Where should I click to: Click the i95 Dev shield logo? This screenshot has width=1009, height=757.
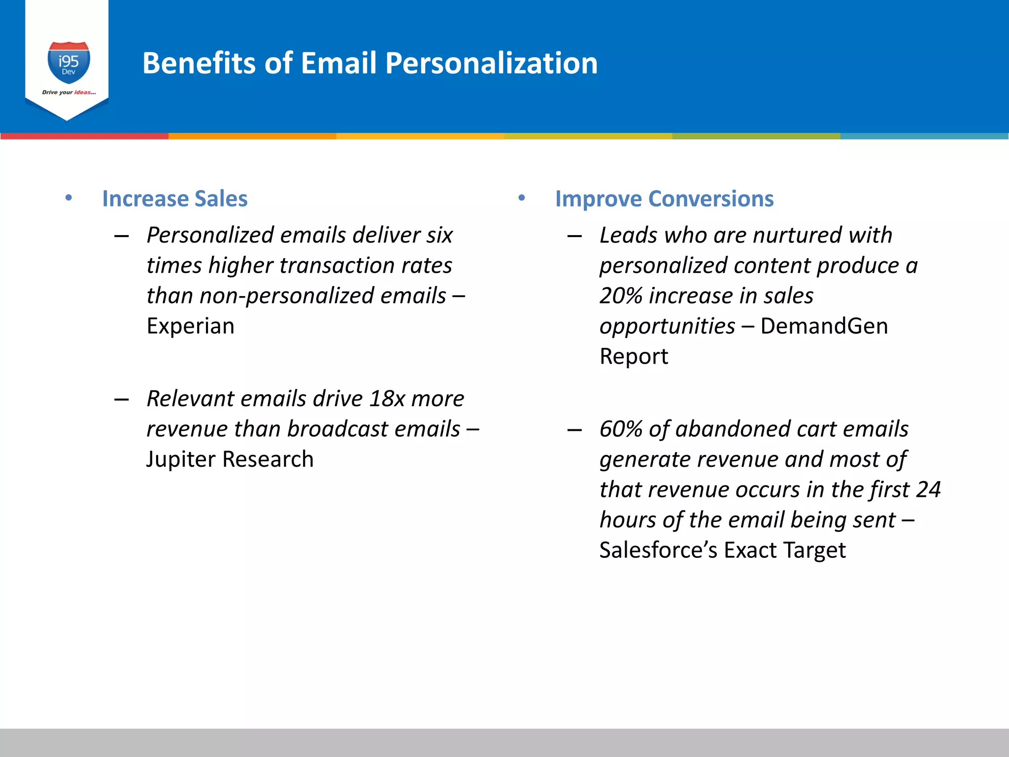(68, 63)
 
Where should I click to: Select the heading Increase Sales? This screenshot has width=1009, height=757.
(174, 199)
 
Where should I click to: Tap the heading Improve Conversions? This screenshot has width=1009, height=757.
(664, 199)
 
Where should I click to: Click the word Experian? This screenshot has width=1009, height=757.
(190, 326)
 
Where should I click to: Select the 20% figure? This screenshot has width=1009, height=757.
(621, 296)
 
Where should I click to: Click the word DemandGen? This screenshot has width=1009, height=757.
(824, 326)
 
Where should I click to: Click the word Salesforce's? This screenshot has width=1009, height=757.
(658, 550)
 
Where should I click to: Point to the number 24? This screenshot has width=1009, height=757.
(928, 490)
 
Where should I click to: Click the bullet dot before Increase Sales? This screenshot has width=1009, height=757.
(68, 198)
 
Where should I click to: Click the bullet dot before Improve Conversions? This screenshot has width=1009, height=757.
(522, 198)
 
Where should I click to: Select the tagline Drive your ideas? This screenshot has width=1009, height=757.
(68, 92)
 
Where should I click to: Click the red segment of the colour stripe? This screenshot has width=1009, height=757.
(84, 136)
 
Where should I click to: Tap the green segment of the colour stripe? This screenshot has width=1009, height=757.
(756, 136)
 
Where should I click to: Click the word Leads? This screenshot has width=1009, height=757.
(628, 236)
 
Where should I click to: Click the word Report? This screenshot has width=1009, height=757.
(634, 356)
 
